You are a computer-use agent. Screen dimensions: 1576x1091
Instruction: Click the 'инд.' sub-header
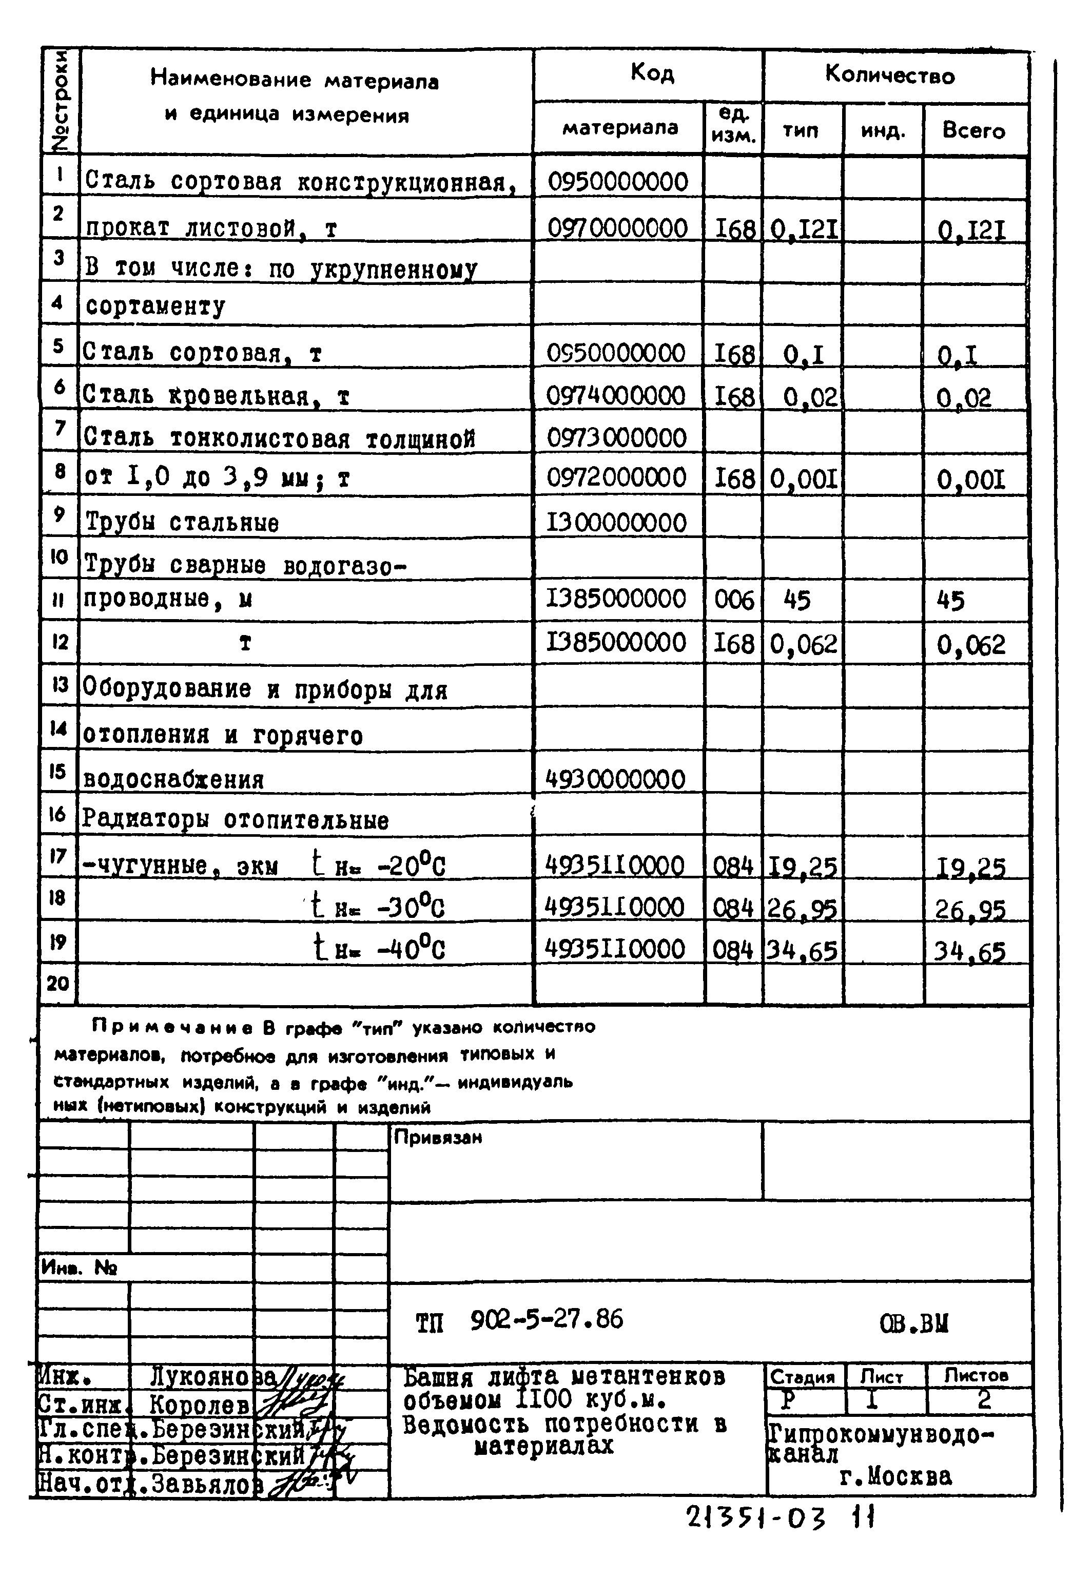click(883, 130)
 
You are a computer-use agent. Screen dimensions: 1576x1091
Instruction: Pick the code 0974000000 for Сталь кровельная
click(616, 396)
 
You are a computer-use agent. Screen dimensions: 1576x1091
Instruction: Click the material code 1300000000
click(616, 523)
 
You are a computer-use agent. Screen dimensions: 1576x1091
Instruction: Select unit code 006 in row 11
click(733, 600)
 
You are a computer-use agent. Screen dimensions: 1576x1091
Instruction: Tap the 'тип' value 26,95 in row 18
click(803, 909)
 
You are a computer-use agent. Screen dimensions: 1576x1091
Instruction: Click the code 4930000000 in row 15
click(615, 779)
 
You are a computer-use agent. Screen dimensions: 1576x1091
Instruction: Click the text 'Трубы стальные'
click(181, 523)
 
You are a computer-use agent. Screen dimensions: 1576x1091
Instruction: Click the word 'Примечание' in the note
click(175, 1027)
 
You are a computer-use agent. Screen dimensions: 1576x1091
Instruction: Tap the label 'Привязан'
click(438, 1137)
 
